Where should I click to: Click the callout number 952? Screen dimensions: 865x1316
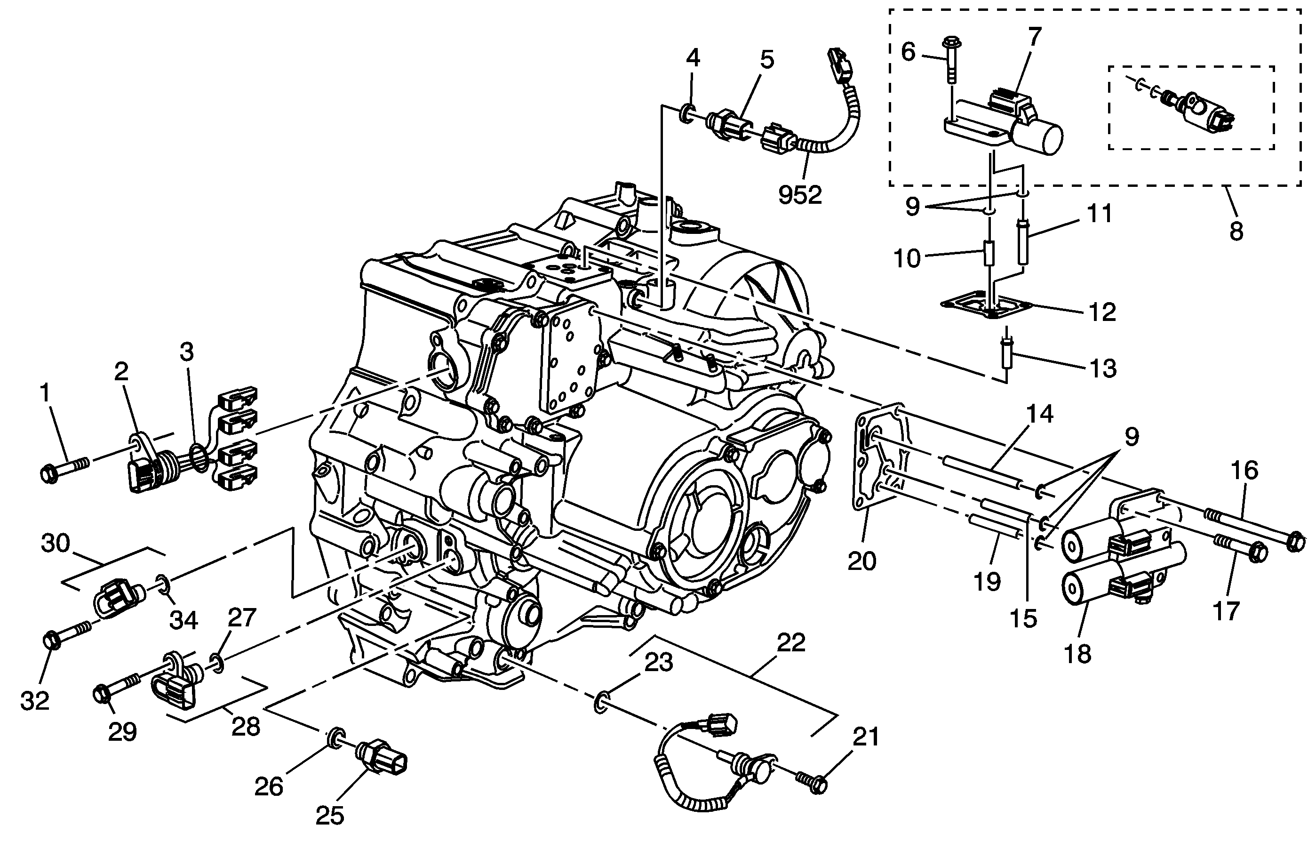coord(800,195)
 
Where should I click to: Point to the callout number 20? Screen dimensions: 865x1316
coord(862,562)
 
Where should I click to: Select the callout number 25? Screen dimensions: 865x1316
coord(330,816)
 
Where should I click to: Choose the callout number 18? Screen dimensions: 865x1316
coord(1077,654)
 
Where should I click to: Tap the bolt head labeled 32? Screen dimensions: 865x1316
coord(51,641)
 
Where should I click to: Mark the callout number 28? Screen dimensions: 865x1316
coord(246,727)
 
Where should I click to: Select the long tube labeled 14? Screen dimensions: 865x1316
coord(981,470)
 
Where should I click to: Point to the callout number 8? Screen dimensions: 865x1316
coord(1236,231)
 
